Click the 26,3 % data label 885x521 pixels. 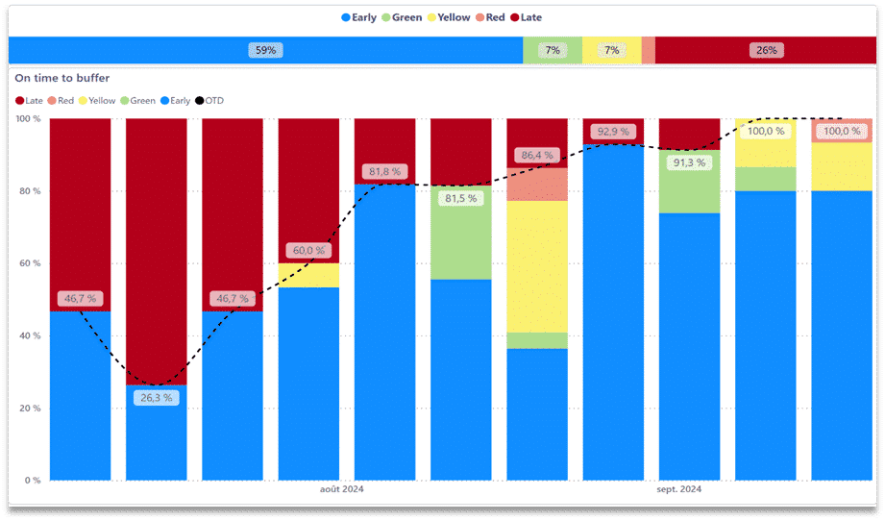pos(156,397)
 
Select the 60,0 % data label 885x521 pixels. pos(308,251)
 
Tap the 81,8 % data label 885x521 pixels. pos(384,172)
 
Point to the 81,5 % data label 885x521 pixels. pos(461,199)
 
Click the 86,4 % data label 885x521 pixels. pos(537,155)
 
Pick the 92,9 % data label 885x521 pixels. pos(613,132)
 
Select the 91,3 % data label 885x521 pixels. pos(689,162)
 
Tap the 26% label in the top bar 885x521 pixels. pos(766,50)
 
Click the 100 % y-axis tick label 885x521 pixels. pos(28,119)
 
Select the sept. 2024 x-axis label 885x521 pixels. pos(678,489)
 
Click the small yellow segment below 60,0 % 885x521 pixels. pos(308,276)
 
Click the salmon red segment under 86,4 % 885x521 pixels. pos(537,185)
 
